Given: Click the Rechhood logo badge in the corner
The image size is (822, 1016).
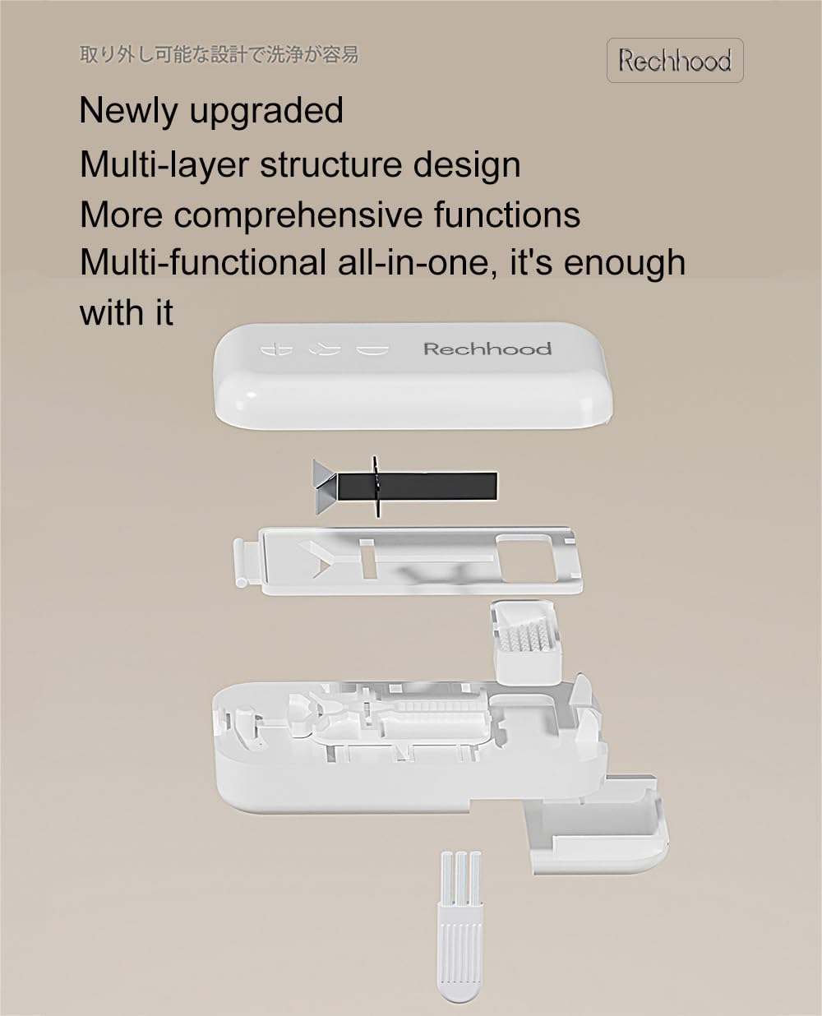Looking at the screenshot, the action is tap(675, 60).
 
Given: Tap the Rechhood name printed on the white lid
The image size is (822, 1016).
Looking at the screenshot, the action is tap(487, 349).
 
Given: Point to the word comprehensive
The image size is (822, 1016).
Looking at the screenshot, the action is tap(298, 215).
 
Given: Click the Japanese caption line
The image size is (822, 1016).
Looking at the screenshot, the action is tap(219, 55).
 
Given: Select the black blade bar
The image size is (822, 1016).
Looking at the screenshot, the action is tap(417, 487).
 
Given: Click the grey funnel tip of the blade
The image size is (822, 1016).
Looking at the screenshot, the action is tap(325, 487).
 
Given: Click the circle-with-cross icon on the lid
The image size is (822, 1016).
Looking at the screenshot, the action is tap(276, 349).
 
